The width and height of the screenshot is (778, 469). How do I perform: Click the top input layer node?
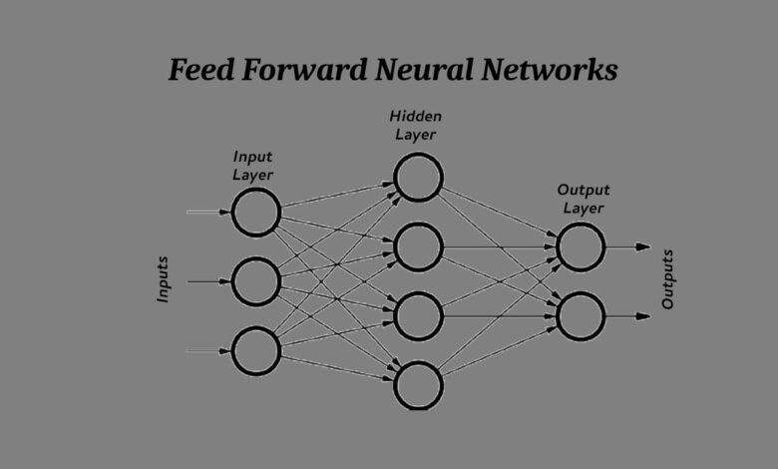[256, 213]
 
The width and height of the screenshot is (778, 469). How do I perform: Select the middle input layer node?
[256, 281]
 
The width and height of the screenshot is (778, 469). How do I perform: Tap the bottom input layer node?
[256, 351]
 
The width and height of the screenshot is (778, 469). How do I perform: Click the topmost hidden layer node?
[418, 179]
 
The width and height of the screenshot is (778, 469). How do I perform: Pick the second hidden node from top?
[418, 247]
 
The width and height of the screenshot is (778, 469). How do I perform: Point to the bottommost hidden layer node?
[418, 386]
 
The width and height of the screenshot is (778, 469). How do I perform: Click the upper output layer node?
[582, 247]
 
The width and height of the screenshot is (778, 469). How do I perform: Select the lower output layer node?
[582, 317]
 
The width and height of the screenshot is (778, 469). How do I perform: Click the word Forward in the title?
[314, 71]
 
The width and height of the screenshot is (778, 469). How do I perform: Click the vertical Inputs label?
[163, 280]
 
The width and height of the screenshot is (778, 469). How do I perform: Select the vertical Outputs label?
[668, 279]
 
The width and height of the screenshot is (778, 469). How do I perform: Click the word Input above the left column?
[252, 157]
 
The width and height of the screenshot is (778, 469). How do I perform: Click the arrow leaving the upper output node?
[629, 247]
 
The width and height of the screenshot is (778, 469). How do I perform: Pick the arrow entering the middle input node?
[208, 281]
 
